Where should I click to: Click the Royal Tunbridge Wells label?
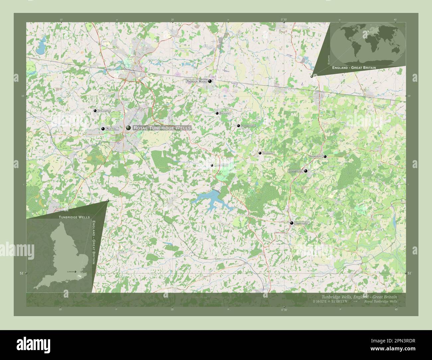pos(162,128)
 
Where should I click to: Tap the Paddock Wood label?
pos(196,81)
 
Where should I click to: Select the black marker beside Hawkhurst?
pos(291,223)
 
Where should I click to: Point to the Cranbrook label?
pos(295,171)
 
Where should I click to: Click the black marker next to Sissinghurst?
pos(325,156)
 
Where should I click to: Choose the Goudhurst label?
pos(268,153)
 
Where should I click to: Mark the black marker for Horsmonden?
pos(238,126)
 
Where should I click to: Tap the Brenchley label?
pos(225,113)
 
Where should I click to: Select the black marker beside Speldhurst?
pos(95,111)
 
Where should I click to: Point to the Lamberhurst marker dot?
pos(212,165)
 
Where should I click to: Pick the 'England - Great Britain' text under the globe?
pos(354,67)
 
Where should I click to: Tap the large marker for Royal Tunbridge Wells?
pos(128,128)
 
